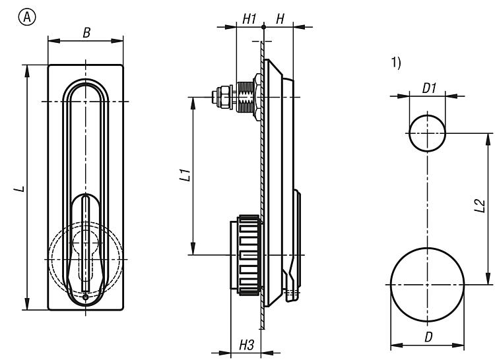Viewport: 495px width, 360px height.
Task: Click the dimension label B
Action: (x=86, y=31)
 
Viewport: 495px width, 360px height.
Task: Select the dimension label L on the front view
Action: (x=21, y=189)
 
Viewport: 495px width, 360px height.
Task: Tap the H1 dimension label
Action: (x=248, y=19)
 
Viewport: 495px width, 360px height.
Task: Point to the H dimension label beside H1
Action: (x=280, y=19)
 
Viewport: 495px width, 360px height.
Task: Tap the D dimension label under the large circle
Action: (x=428, y=337)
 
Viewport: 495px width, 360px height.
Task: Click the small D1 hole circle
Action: (x=426, y=133)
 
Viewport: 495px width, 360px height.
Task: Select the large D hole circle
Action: (x=426, y=284)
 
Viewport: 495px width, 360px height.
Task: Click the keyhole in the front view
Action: (x=85, y=251)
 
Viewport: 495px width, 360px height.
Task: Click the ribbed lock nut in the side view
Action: (x=245, y=254)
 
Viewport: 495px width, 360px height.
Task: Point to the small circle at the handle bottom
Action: (x=85, y=298)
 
